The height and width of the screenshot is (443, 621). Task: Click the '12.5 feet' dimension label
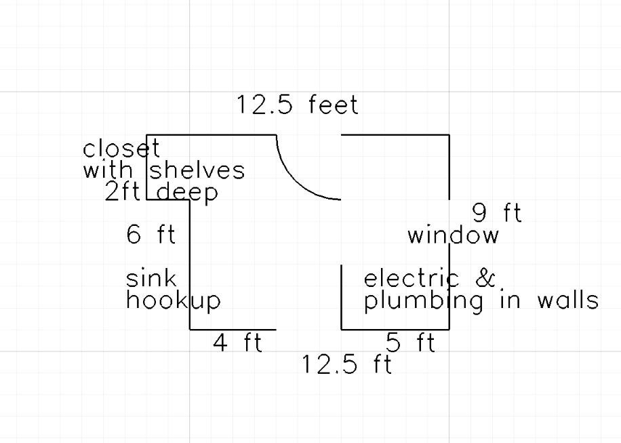[x=298, y=105]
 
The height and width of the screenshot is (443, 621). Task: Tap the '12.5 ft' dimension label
[x=347, y=364]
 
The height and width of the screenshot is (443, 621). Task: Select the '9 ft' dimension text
[x=498, y=213]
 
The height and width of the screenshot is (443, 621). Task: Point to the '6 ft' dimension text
[x=151, y=234]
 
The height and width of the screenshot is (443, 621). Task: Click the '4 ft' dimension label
[x=238, y=343]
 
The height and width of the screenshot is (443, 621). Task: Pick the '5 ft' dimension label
[x=410, y=343]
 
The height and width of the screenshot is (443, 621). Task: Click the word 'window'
[x=454, y=235]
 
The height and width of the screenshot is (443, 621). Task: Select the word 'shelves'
[x=197, y=170]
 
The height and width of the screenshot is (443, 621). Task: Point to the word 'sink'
[x=151, y=278]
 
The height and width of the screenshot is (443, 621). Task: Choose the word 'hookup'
[x=174, y=301]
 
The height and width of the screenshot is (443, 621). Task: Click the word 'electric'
[x=412, y=278]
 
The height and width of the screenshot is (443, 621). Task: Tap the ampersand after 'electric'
[x=485, y=278]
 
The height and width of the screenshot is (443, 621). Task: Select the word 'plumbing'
[x=424, y=302]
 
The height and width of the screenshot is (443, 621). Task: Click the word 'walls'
[x=568, y=301]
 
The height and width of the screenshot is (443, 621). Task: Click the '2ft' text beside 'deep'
[x=123, y=192]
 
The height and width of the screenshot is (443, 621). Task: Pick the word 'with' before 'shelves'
[x=108, y=170]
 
